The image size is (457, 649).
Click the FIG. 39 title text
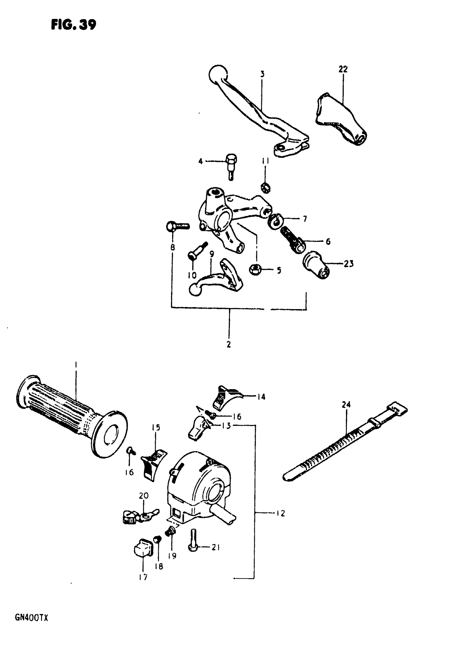(x=74, y=25)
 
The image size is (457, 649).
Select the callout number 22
(x=343, y=69)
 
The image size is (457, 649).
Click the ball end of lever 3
(x=217, y=74)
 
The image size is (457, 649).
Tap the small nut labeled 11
(x=266, y=187)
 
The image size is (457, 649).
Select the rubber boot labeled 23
(x=317, y=265)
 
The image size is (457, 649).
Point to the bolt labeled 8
(x=177, y=226)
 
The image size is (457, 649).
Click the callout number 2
(x=228, y=344)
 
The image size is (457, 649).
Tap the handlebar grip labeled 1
(x=71, y=418)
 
